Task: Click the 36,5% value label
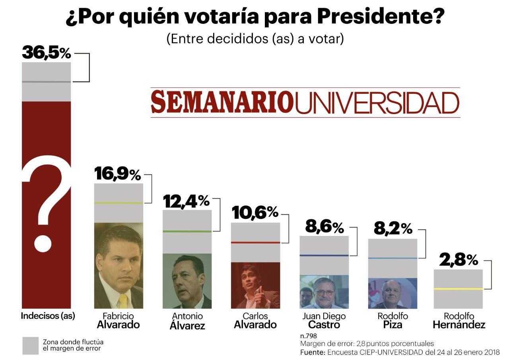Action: [46, 53]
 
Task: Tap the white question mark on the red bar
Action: [47, 203]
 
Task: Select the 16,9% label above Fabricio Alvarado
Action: [117, 174]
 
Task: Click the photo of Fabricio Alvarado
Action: [119, 265]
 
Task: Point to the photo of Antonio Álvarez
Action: [187, 281]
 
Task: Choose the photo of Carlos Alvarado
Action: [255, 285]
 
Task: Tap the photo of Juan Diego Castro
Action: [324, 291]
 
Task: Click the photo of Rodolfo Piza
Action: [392, 293]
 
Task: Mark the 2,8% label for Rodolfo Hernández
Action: [458, 261]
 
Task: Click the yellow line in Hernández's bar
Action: [458, 288]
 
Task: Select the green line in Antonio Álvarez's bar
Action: [187, 231]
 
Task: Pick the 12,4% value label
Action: [186, 202]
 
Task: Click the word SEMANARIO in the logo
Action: [222, 102]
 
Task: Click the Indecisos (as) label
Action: [48, 316]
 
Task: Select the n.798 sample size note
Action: [309, 336]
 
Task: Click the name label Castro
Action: [324, 325]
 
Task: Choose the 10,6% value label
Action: [255, 213]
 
